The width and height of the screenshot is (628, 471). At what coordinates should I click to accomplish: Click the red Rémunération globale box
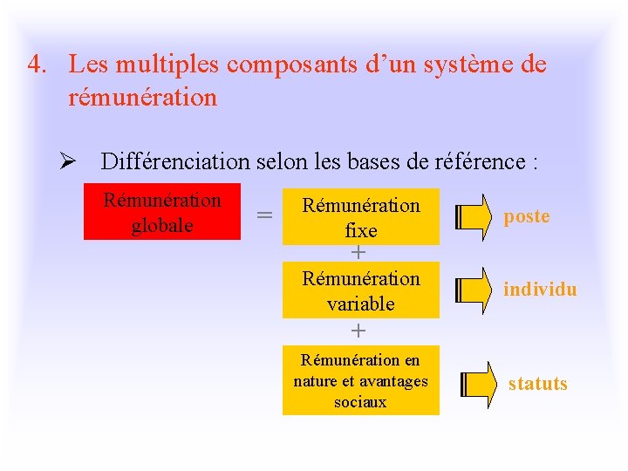[161, 212]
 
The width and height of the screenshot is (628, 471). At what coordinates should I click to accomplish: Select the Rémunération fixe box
[360, 216]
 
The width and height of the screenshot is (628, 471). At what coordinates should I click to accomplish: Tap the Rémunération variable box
[360, 291]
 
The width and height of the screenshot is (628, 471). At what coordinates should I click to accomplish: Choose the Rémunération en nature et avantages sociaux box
[360, 380]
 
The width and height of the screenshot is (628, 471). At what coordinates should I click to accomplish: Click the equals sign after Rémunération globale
[263, 215]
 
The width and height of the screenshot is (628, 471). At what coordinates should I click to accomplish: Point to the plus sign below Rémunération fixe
[358, 253]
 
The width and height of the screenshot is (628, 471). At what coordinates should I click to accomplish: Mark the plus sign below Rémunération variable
[358, 331]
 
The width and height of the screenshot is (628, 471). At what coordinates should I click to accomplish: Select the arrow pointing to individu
[474, 290]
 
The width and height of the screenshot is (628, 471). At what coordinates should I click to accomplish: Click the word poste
[527, 216]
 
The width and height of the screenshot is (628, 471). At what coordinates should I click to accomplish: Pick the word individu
[540, 290]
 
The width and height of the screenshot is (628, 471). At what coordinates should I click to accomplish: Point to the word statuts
[537, 384]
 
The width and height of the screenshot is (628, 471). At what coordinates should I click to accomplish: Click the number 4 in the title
[33, 65]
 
